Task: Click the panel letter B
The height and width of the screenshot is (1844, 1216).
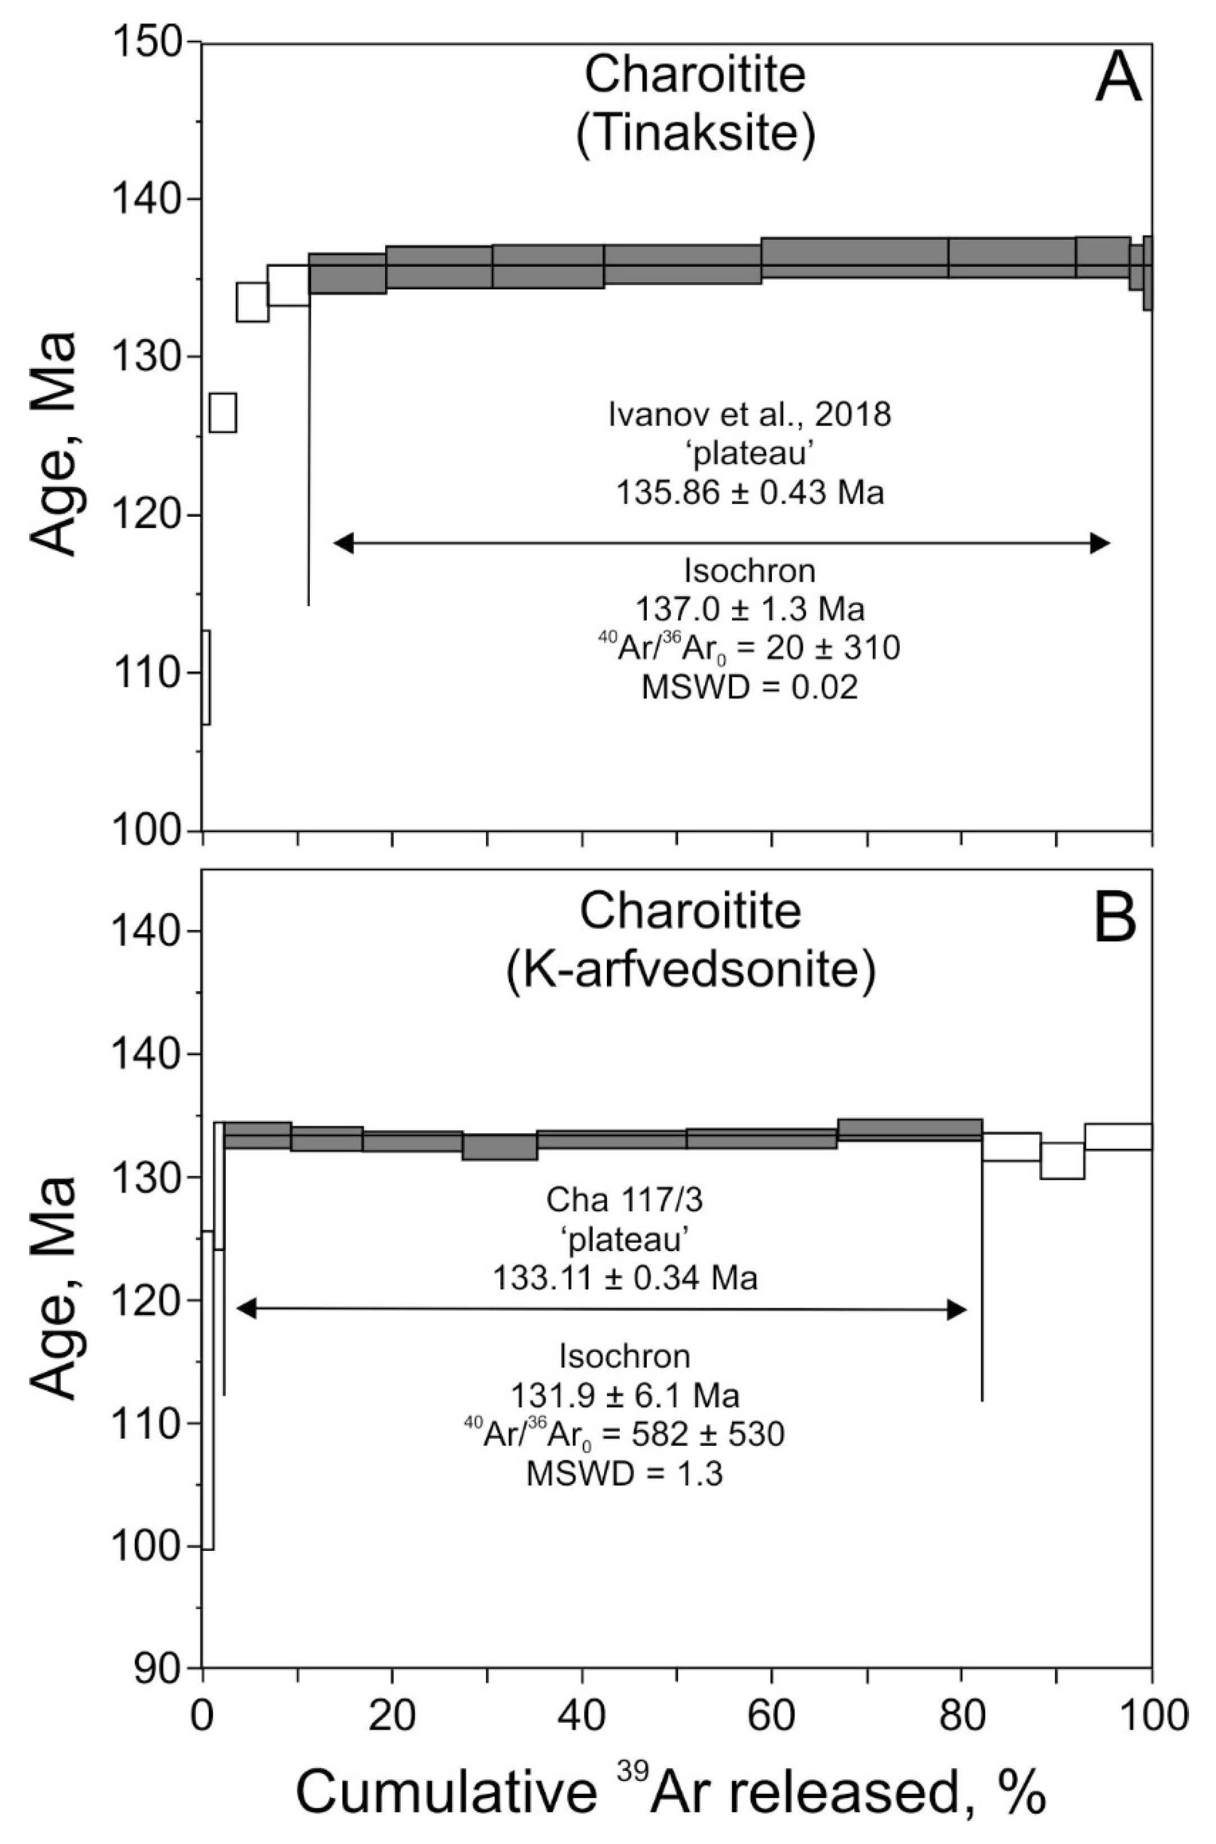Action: tap(1114, 919)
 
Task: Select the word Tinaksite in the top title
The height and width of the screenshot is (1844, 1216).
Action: tap(695, 134)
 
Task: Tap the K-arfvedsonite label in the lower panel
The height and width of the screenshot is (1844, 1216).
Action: tap(689, 971)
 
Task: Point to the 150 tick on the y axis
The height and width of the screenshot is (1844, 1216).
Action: tap(154, 41)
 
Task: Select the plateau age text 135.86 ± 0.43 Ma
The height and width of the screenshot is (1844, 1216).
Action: tap(749, 493)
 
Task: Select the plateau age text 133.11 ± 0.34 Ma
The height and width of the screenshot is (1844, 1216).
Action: tap(625, 1277)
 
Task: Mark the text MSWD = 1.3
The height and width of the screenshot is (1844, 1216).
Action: tap(625, 1475)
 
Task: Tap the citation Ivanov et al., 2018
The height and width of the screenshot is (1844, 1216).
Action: tap(749, 415)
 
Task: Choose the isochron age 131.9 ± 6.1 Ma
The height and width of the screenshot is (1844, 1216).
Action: tap(625, 1396)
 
